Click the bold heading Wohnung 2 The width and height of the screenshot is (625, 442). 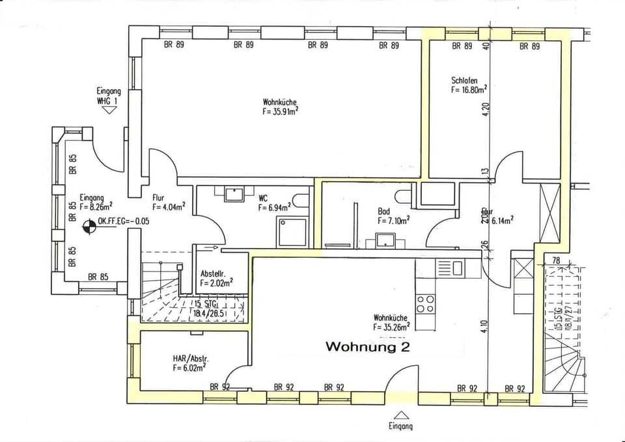pyautogui.click(x=367, y=347)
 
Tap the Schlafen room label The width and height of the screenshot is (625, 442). pyautogui.click(x=464, y=81)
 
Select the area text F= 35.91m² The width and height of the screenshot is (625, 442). pyautogui.click(x=280, y=111)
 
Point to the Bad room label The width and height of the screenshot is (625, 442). pyautogui.click(x=384, y=212)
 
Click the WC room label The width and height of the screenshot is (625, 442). pyautogui.click(x=264, y=199)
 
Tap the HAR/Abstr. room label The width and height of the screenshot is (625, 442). pyautogui.click(x=191, y=359)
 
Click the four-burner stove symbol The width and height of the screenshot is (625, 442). pyautogui.click(x=425, y=303)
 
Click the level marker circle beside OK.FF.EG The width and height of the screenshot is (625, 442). pyautogui.click(x=88, y=227)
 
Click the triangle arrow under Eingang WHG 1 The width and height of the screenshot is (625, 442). pyautogui.click(x=108, y=110)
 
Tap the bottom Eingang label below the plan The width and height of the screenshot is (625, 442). pyautogui.click(x=402, y=427)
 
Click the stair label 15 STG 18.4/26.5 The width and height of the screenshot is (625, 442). pyautogui.click(x=213, y=308)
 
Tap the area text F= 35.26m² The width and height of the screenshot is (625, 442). pyautogui.click(x=391, y=327)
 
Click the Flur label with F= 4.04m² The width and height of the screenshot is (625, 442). pyautogui.click(x=168, y=202)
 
